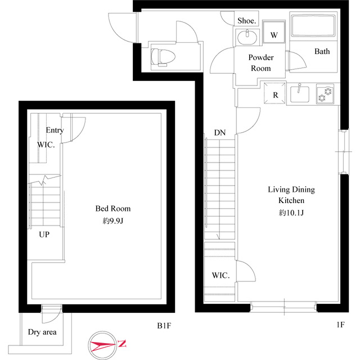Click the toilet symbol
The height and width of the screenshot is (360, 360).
tap(163, 57)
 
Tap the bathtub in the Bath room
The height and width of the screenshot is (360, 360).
tap(313, 26)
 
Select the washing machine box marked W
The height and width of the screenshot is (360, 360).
tap(274, 32)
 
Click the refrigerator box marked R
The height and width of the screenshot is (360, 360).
tap(275, 93)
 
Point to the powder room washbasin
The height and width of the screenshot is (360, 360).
tap(247, 38)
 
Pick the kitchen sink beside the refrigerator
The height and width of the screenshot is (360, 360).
tap(300, 94)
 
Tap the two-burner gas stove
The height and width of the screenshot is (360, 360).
tap(325, 94)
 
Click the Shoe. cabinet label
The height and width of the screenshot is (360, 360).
tap(246, 21)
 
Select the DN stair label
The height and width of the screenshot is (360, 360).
tap(220, 133)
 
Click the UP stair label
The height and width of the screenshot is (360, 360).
tap(44, 235)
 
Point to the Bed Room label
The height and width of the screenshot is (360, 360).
tap(113, 209)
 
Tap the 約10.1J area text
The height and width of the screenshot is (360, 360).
tap(291, 213)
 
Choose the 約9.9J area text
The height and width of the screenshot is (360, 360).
tap(113, 221)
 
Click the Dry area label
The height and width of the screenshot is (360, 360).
tap(42, 332)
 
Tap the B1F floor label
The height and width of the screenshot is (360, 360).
tap(164, 326)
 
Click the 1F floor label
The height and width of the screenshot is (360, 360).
tap(340, 325)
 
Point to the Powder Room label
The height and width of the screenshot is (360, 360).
tap(261, 62)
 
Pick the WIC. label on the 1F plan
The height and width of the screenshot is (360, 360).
tap(220, 275)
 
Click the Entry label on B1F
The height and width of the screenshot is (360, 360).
tap(55, 130)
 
